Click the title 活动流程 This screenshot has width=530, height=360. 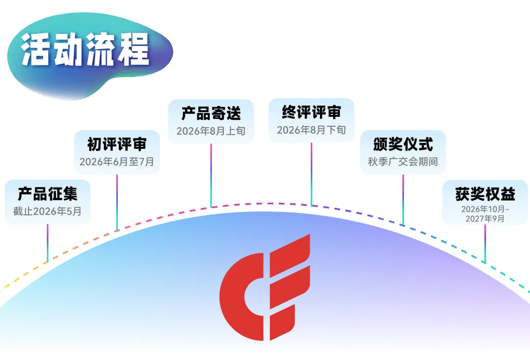tap(85, 50)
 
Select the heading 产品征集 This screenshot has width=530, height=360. tap(48, 194)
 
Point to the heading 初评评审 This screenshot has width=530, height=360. tap(117, 144)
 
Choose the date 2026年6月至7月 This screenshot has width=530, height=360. tap(117, 161)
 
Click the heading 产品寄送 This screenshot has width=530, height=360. tap(211, 113)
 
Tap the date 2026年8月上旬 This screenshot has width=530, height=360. tap(211, 131)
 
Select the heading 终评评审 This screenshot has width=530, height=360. tap(311, 112)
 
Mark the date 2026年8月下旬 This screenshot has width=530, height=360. tap(311, 130)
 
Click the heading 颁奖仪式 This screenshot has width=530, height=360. tap(403, 144)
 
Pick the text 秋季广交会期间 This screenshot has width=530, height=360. tap(403, 161)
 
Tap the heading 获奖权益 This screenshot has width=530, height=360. tap(485, 194)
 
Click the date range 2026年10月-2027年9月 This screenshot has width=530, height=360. tap(485, 214)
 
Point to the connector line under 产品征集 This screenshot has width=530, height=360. tap(48, 243)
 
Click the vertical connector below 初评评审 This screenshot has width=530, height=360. tap(117, 201)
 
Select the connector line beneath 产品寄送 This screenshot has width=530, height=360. tap(211, 175)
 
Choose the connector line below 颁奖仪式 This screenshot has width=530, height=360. tap(403, 199)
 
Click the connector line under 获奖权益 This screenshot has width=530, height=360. tap(485, 243)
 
